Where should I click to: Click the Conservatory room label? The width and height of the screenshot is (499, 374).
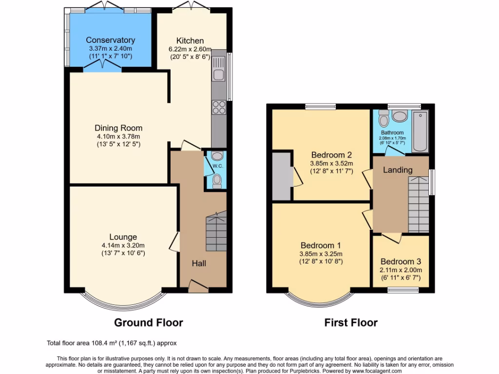[x=111, y=40]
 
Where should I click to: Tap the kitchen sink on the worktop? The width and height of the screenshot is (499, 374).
[x=218, y=75]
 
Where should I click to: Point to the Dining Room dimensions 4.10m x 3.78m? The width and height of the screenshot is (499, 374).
[x=118, y=136]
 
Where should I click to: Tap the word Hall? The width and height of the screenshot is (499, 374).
[x=198, y=263]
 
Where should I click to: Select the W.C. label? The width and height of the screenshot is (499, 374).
[x=217, y=166]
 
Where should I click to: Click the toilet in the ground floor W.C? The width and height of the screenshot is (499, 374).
[x=217, y=181]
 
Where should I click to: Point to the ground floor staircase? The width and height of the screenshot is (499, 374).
[x=216, y=231]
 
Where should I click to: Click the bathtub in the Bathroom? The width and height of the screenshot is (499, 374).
[x=420, y=131]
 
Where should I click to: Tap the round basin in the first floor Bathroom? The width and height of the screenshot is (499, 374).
[x=400, y=116]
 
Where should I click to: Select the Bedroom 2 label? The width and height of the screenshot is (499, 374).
[x=331, y=155]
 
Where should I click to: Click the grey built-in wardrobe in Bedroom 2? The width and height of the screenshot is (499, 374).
[x=282, y=176]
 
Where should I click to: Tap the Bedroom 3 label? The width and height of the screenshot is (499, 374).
[x=401, y=262]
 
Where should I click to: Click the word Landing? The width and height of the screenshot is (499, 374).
[x=398, y=170]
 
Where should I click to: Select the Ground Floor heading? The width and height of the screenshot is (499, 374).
[x=148, y=322]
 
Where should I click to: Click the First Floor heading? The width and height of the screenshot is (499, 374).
[x=351, y=322]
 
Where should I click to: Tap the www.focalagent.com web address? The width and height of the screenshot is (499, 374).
[x=371, y=371]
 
